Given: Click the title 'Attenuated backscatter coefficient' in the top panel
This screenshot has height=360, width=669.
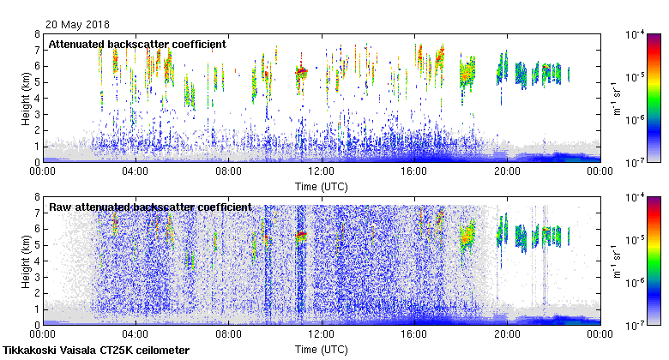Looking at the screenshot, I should tap(136, 44).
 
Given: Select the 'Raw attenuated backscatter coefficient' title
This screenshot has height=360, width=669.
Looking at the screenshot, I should tap(149, 207).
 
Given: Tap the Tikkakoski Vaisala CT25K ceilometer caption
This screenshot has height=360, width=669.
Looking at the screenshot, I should tap(95, 351).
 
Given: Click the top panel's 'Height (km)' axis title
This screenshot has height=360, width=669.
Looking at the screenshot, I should tap(27, 98).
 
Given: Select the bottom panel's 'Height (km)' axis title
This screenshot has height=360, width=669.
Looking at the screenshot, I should tap(27, 261).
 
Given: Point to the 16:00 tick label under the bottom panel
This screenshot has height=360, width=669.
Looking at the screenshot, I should tap(414, 335).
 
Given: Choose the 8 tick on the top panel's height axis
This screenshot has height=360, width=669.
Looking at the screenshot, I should tap(37, 35).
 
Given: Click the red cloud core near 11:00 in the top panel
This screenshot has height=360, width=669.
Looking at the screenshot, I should tap(301, 72).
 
